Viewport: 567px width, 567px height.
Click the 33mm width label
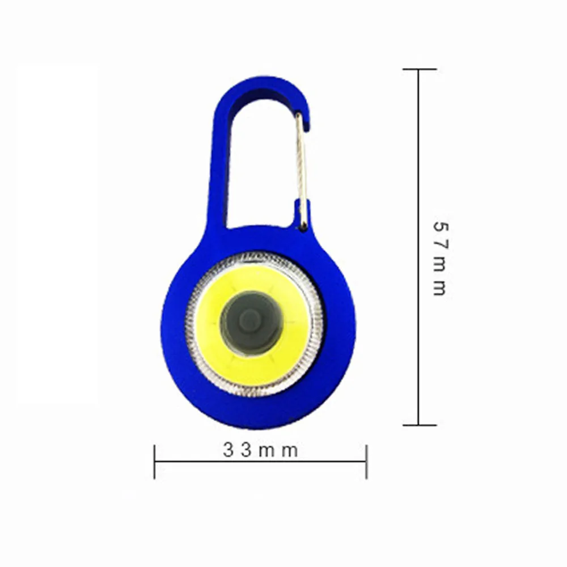tap(260, 451)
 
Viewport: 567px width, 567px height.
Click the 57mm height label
tap(440, 258)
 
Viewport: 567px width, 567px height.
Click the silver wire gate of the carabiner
tap(304, 170)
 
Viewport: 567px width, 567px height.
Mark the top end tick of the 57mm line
tap(419, 69)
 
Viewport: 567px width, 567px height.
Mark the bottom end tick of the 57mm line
tap(419, 425)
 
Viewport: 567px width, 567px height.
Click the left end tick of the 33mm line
tap(154, 461)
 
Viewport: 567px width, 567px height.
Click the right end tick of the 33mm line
tap(366, 461)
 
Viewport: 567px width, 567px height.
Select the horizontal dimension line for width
tap(260, 462)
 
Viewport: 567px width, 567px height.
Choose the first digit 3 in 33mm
tap(228, 451)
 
